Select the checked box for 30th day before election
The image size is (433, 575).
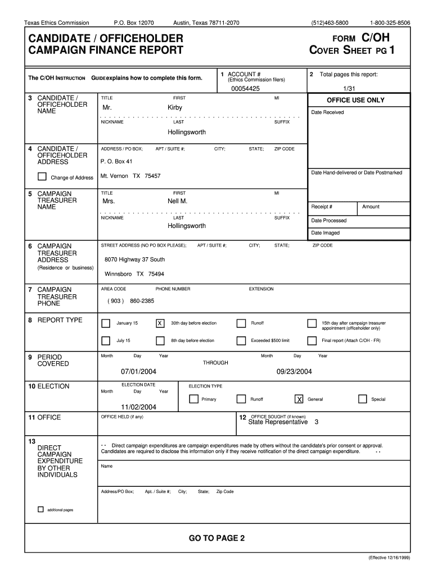(160, 323)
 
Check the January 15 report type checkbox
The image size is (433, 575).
(106, 323)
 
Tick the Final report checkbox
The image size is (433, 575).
(312, 341)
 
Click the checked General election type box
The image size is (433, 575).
(299, 399)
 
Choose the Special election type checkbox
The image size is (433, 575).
(363, 399)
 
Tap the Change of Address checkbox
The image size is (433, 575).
(42, 177)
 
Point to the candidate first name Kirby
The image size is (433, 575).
(175, 107)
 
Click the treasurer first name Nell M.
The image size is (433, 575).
(177, 201)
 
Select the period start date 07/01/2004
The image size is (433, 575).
(138, 372)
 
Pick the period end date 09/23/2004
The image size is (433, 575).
(294, 372)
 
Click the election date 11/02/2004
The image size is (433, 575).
(138, 407)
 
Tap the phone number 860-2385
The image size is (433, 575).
(142, 301)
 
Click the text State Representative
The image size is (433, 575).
(278, 422)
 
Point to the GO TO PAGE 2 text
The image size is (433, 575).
(216, 539)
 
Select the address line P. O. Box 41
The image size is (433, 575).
(116, 161)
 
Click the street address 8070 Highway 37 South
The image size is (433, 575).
(135, 259)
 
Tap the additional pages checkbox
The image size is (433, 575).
(40, 509)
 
